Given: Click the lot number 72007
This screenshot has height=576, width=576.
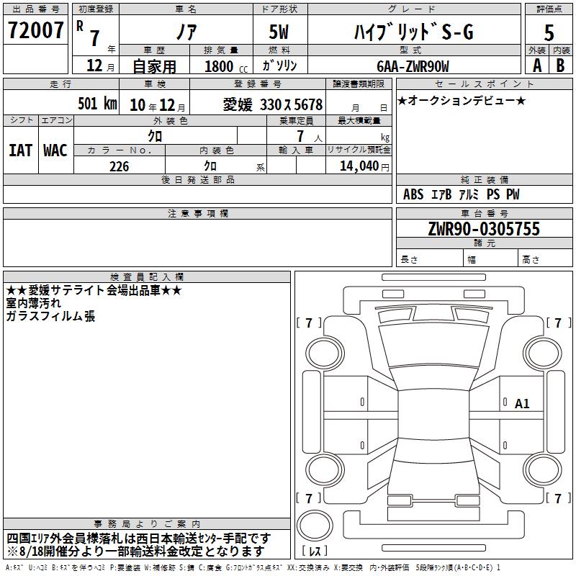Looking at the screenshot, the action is coord(35,30).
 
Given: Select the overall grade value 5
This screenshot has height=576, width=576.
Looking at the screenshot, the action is coord(549,32).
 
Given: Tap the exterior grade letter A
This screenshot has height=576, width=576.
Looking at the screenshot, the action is coord(537,66).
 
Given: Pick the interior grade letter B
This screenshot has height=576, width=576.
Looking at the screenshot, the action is coord(560,66).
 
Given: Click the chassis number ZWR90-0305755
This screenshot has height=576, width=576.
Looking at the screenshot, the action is coord(484,228).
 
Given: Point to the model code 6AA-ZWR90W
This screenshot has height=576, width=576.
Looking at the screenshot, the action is coord(413,66).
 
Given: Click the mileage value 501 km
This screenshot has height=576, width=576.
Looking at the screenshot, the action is coord(97,103).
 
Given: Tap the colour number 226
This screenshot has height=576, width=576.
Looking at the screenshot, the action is coord(119,166).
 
